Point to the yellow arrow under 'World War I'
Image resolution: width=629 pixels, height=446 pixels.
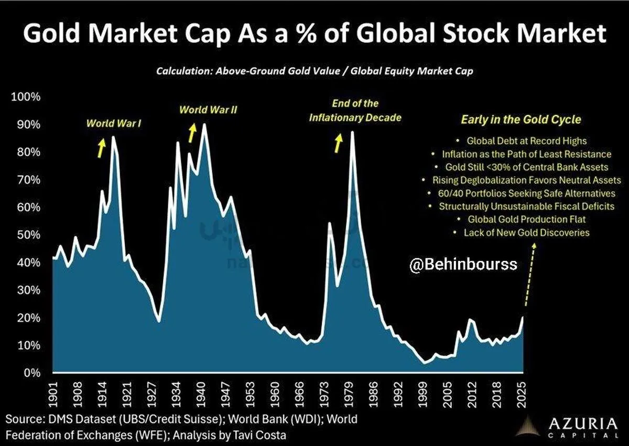100,148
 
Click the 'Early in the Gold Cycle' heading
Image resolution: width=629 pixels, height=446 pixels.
520,120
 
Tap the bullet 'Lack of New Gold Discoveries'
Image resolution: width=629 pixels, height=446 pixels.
526,232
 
